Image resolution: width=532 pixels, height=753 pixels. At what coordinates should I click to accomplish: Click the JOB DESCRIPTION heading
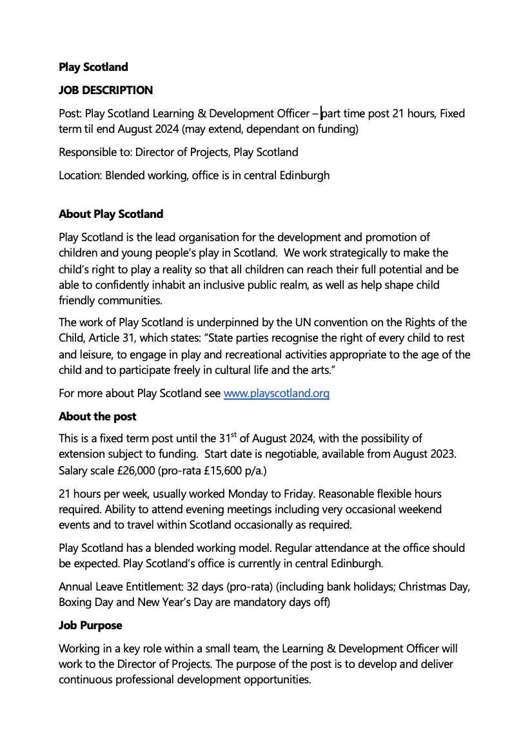tap(106, 90)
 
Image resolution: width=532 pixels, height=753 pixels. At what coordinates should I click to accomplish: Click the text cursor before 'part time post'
tap(322, 113)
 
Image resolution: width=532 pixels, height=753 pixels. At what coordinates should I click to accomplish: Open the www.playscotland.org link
tap(276, 393)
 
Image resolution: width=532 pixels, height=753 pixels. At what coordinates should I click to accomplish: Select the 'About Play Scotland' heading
tap(111, 214)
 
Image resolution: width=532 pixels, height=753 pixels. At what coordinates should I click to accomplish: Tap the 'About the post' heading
tap(97, 416)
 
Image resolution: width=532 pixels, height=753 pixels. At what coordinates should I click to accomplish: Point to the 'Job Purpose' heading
tap(90, 625)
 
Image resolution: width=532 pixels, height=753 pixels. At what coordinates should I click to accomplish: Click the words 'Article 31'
tap(112, 338)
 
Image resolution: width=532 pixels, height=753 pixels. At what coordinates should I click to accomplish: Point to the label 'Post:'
tap(70, 113)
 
